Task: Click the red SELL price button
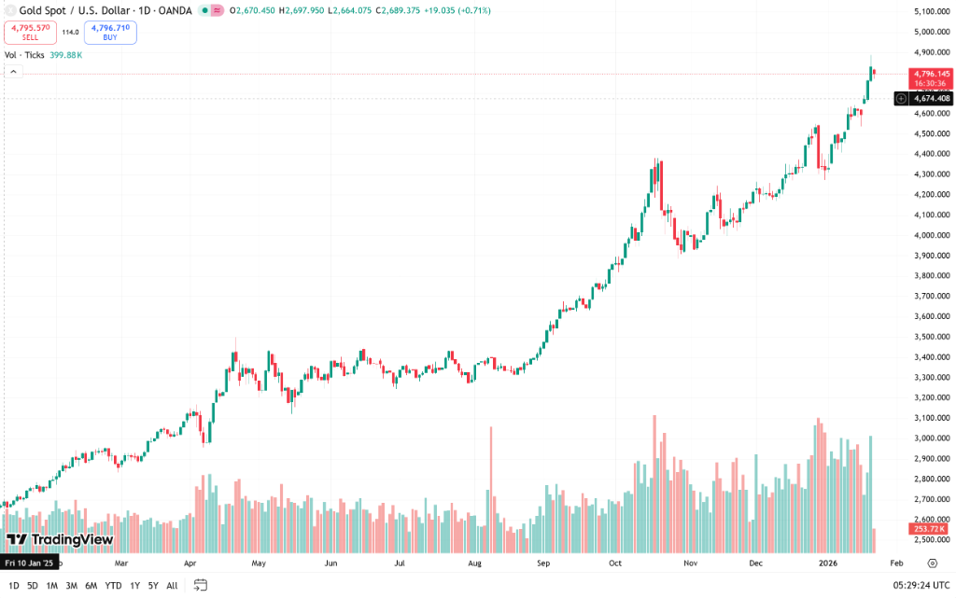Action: tap(30, 33)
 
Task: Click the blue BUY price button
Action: tap(110, 33)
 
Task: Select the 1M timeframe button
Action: tap(52, 585)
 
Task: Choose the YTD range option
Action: tap(113, 585)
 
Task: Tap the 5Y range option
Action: tap(153, 585)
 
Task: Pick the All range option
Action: tap(172, 585)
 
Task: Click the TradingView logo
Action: tap(60, 539)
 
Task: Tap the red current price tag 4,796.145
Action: tap(932, 74)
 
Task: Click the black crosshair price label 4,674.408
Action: tap(932, 98)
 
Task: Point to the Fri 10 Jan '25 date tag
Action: tap(29, 563)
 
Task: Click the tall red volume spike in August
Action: tap(490, 476)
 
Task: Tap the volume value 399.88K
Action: tap(65, 55)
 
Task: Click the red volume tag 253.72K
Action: tap(929, 529)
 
